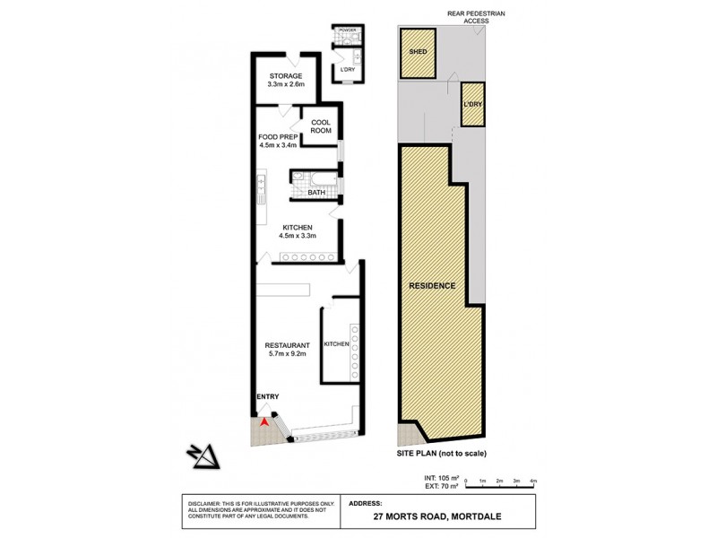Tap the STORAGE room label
pyautogui.click(x=287, y=76)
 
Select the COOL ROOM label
pyautogui.click(x=322, y=126)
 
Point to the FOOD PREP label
pyautogui.click(x=278, y=137)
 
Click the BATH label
pyautogui.click(x=316, y=192)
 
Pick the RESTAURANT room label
pyautogui.click(x=286, y=345)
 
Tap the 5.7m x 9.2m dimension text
pyautogui.click(x=286, y=355)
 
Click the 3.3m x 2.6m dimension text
pyautogui.click(x=287, y=85)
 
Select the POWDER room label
pyautogui.click(x=347, y=30)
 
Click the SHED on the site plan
pyautogui.click(x=417, y=51)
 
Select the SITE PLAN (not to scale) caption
pyautogui.click(x=442, y=453)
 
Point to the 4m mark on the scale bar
pyautogui.click(x=533, y=482)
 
